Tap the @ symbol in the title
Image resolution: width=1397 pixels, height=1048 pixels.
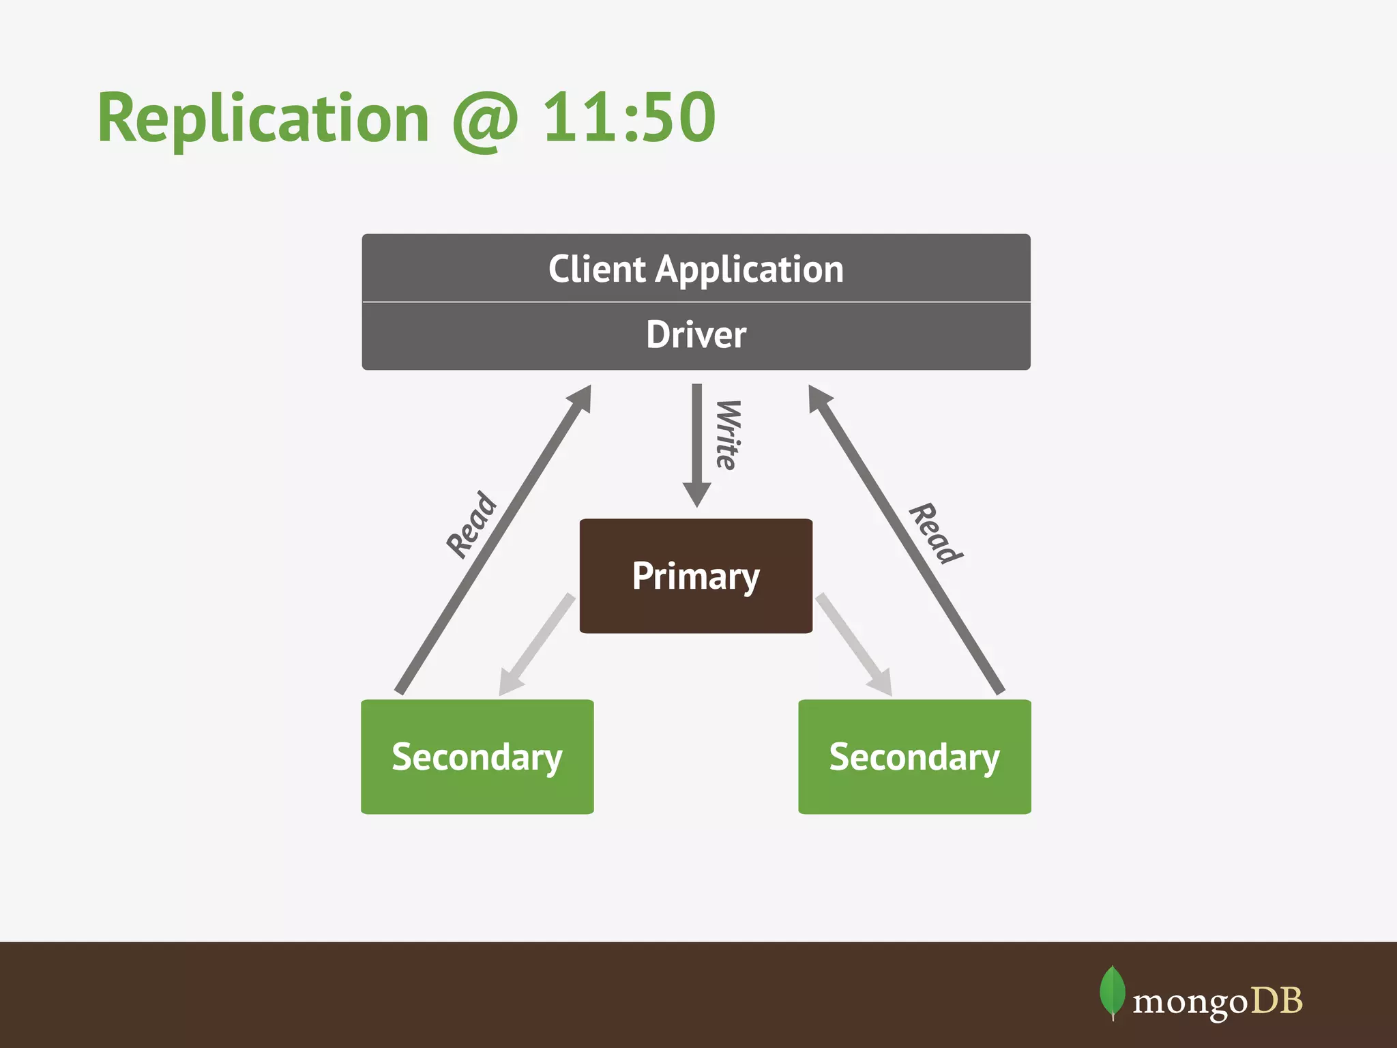click(x=486, y=121)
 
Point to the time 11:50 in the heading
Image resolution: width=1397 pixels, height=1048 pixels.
click(x=629, y=117)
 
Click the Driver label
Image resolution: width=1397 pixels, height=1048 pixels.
click(x=696, y=335)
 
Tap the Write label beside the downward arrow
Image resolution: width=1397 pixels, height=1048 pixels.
click(x=727, y=435)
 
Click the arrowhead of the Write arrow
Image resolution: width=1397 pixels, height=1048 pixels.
click(x=696, y=494)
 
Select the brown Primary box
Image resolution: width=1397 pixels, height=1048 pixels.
click(x=696, y=576)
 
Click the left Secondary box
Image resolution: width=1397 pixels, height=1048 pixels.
click(x=477, y=757)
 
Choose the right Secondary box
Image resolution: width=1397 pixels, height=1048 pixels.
click(x=914, y=757)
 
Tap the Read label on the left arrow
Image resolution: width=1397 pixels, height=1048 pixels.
click(x=471, y=524)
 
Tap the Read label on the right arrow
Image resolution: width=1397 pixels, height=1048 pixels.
click(x=936, y=534)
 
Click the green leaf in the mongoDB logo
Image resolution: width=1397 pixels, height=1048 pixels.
click(x=1112, y=991)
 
